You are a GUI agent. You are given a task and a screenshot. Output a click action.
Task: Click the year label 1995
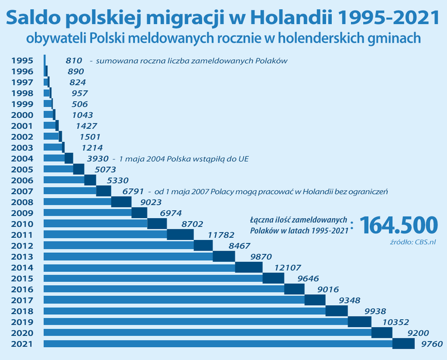coord(22,61)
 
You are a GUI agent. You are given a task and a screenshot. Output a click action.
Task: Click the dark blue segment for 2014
coord(249,267)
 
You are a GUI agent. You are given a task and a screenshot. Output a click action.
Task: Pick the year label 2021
coord(22,344)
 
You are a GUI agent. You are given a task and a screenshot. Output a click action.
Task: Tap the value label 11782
coord(221,235)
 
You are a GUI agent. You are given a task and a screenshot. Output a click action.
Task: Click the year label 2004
coord(22,159)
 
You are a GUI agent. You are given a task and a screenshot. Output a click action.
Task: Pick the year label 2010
coord(22,224)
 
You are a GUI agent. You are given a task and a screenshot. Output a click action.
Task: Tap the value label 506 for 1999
coord(80,104)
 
